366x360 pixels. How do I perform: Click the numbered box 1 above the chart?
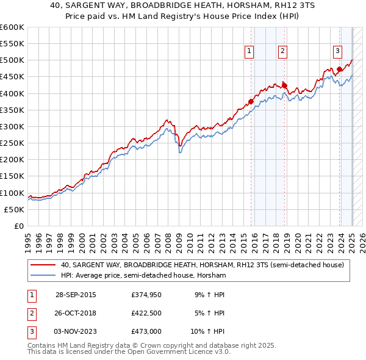(250, 52)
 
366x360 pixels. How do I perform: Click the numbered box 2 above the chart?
(283, 52)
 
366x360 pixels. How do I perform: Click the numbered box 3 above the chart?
(337, 52)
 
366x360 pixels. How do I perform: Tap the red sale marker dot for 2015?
(251, 102)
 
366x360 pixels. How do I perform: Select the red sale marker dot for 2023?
(339, 69)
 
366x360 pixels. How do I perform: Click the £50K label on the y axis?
(14, 209)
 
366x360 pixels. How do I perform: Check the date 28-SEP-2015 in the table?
(76, 295)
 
